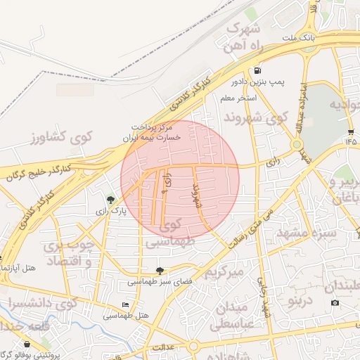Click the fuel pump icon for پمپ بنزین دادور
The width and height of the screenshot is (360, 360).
coord(258,70)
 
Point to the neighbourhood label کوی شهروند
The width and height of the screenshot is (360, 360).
coord(255,116)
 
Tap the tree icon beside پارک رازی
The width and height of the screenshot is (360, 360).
coord(109,200)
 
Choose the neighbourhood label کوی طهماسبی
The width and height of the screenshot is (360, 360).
coord(168,234)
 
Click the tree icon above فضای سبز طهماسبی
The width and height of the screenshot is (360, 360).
coord(160,271)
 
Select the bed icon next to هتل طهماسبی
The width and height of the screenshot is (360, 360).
coord(126,304)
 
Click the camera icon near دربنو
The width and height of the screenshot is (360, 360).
coord(335,303)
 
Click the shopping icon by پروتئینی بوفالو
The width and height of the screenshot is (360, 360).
coord(27,345)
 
